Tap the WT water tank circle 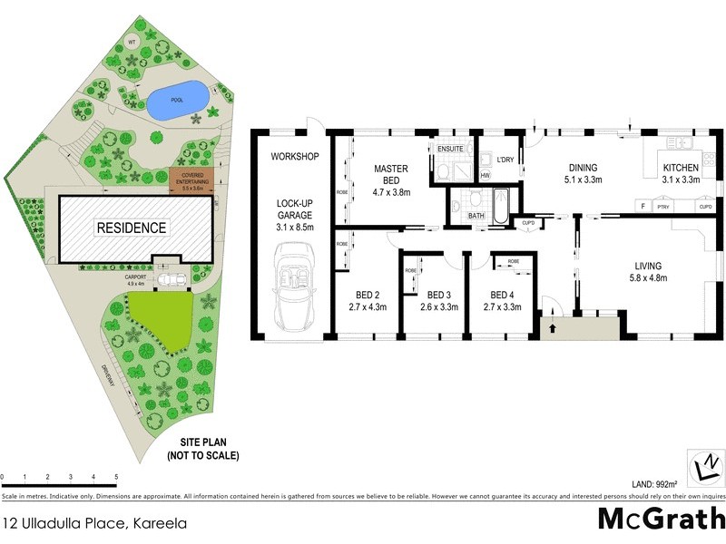click(x=132, y=42)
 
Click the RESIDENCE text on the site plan click(x=132, y=228)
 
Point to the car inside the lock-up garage click(x=295, y=291)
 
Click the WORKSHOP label click(x=295, y=157)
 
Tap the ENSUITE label click(x=450, y=149)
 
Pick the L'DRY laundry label click(x=505, y=160)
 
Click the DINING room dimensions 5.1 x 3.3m click(x=584, y=180)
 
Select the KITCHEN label click(x=681, y=169)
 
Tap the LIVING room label click(x=648, y=266)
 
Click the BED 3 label click(x=438, y=295)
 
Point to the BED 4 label click(x=502, y=295)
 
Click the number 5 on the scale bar click(x=116, y=476)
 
